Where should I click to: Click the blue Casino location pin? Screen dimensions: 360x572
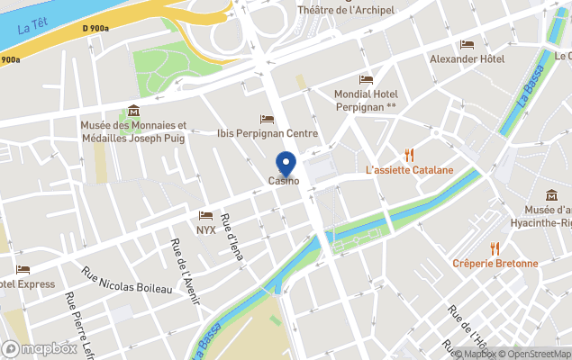(x=286, y=163)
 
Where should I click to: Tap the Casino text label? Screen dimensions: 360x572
(x=284, y=182)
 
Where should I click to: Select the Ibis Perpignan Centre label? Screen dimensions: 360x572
(x=268, y=133)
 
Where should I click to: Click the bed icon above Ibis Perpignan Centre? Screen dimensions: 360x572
(x=267, y=119)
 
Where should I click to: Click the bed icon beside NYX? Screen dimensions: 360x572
(x=205, y=216)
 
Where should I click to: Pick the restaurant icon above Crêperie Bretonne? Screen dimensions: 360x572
(x=495, y=248)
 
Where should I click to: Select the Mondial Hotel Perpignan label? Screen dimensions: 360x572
(x=366, y=100)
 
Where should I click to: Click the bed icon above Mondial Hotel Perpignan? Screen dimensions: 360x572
(x=366, y=79)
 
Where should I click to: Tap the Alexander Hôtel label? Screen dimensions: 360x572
(x=467, y=59)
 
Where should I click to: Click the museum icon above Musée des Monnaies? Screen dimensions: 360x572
(x=133, y=111)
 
